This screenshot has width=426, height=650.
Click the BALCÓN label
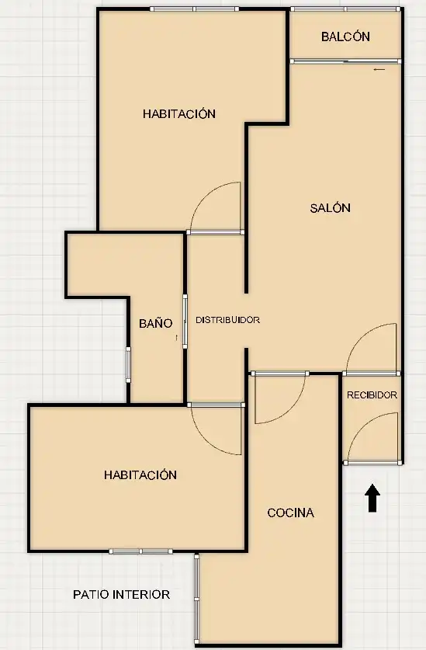tap(345, 36)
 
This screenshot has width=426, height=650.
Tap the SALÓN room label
tap(331, 207)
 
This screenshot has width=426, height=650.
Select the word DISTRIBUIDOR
tap(227, 320)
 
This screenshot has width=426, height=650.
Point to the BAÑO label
tap(155, 323)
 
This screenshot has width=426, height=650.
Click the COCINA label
tap(290, 513)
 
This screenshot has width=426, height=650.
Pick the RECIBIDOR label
tap(372, 395)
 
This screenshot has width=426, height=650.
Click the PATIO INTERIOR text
tap(121, 594)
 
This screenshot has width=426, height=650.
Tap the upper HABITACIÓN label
tap(179, 113)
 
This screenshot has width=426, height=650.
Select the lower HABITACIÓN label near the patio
tap(140, 474)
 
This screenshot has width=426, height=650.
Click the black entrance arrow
tap(372, 498)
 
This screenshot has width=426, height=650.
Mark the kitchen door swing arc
tap(294, 408)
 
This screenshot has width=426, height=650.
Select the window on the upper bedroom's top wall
tap(194, 9)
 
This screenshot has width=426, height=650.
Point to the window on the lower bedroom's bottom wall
tap(141, 551)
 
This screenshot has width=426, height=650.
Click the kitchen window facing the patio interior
tap(197, 599)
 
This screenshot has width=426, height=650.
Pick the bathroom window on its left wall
tap(129, 365)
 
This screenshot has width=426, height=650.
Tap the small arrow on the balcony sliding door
tap(379, 70)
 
